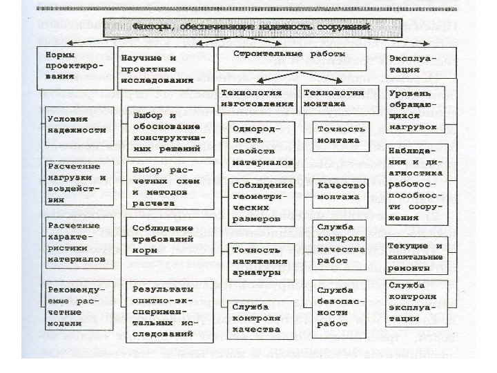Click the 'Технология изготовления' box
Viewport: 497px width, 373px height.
tap(257, 97)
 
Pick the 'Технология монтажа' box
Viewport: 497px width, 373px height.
tap(340, 97)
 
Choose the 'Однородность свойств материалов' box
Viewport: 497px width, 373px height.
tap(261, 144)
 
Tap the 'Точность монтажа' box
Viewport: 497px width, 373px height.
tap(340, 135)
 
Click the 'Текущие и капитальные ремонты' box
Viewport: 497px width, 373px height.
tap(416, 256)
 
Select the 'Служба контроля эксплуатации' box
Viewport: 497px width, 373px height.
tap(415, 302)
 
